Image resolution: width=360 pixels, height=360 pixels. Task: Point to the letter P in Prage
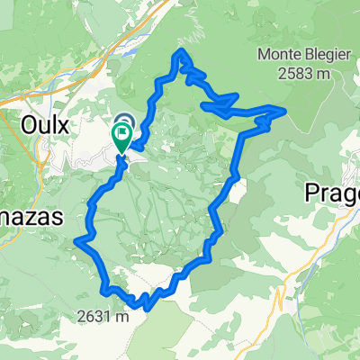(312, 193)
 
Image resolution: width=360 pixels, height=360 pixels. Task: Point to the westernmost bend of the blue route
(78, 240)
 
